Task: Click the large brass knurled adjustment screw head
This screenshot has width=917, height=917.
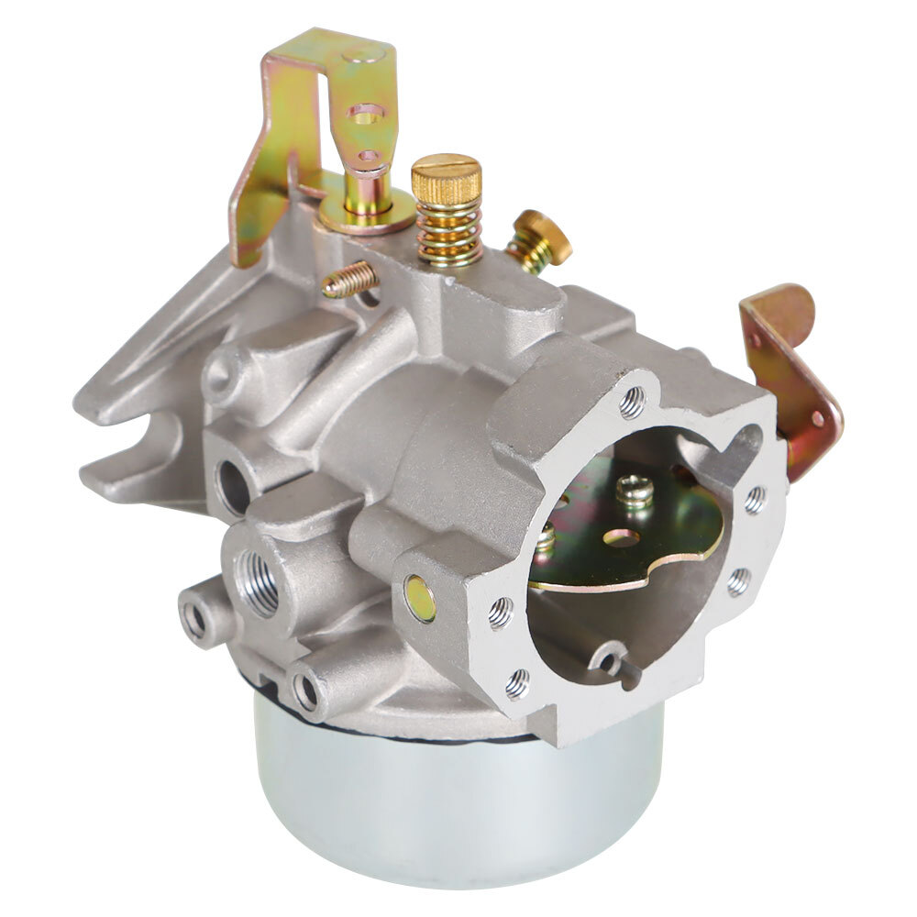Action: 447,175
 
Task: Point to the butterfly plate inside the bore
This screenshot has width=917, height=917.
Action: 633,541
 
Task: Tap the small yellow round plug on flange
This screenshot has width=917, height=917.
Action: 421,598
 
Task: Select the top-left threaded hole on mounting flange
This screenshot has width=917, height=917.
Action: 632,402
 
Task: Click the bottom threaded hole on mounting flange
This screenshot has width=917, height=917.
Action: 518,682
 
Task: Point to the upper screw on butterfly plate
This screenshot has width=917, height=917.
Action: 635,491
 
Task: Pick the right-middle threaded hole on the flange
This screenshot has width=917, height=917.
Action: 755,499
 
